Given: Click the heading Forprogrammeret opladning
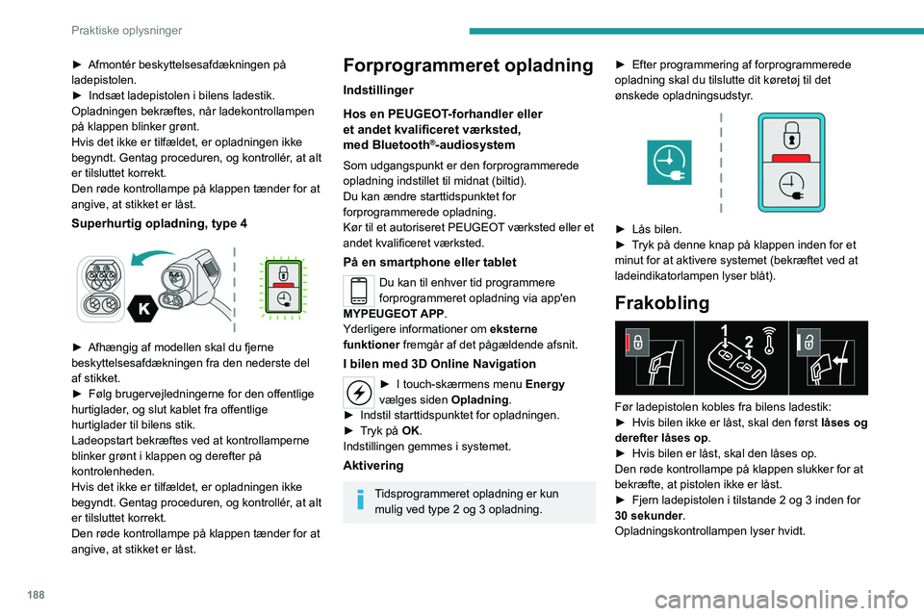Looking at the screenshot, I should tap(470, 65).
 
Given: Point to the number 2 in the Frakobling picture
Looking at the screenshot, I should tap(748, 343).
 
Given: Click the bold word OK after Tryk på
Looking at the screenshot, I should tap(404, 430).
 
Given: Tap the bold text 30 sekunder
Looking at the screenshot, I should tap(651, 516).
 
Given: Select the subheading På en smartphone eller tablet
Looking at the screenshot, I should tap(429, 262).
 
